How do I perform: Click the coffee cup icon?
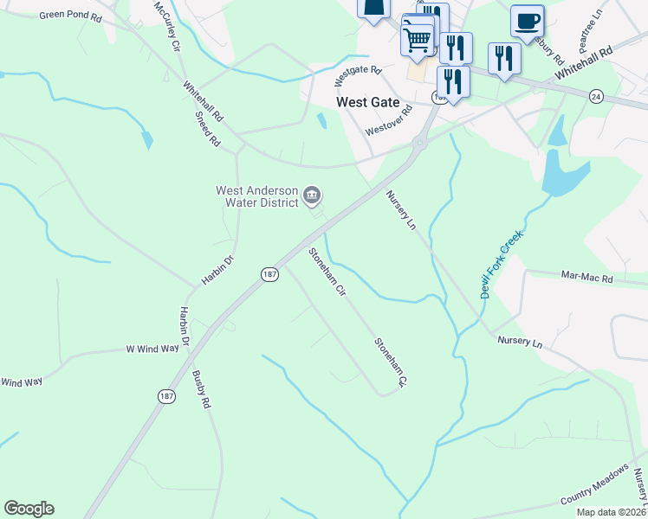(527, 21)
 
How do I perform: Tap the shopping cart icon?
(418, 38)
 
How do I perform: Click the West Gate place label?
(368, 102)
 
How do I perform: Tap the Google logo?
(29, 509)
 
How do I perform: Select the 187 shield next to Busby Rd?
(166, 395)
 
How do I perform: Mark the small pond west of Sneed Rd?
(147, 138)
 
